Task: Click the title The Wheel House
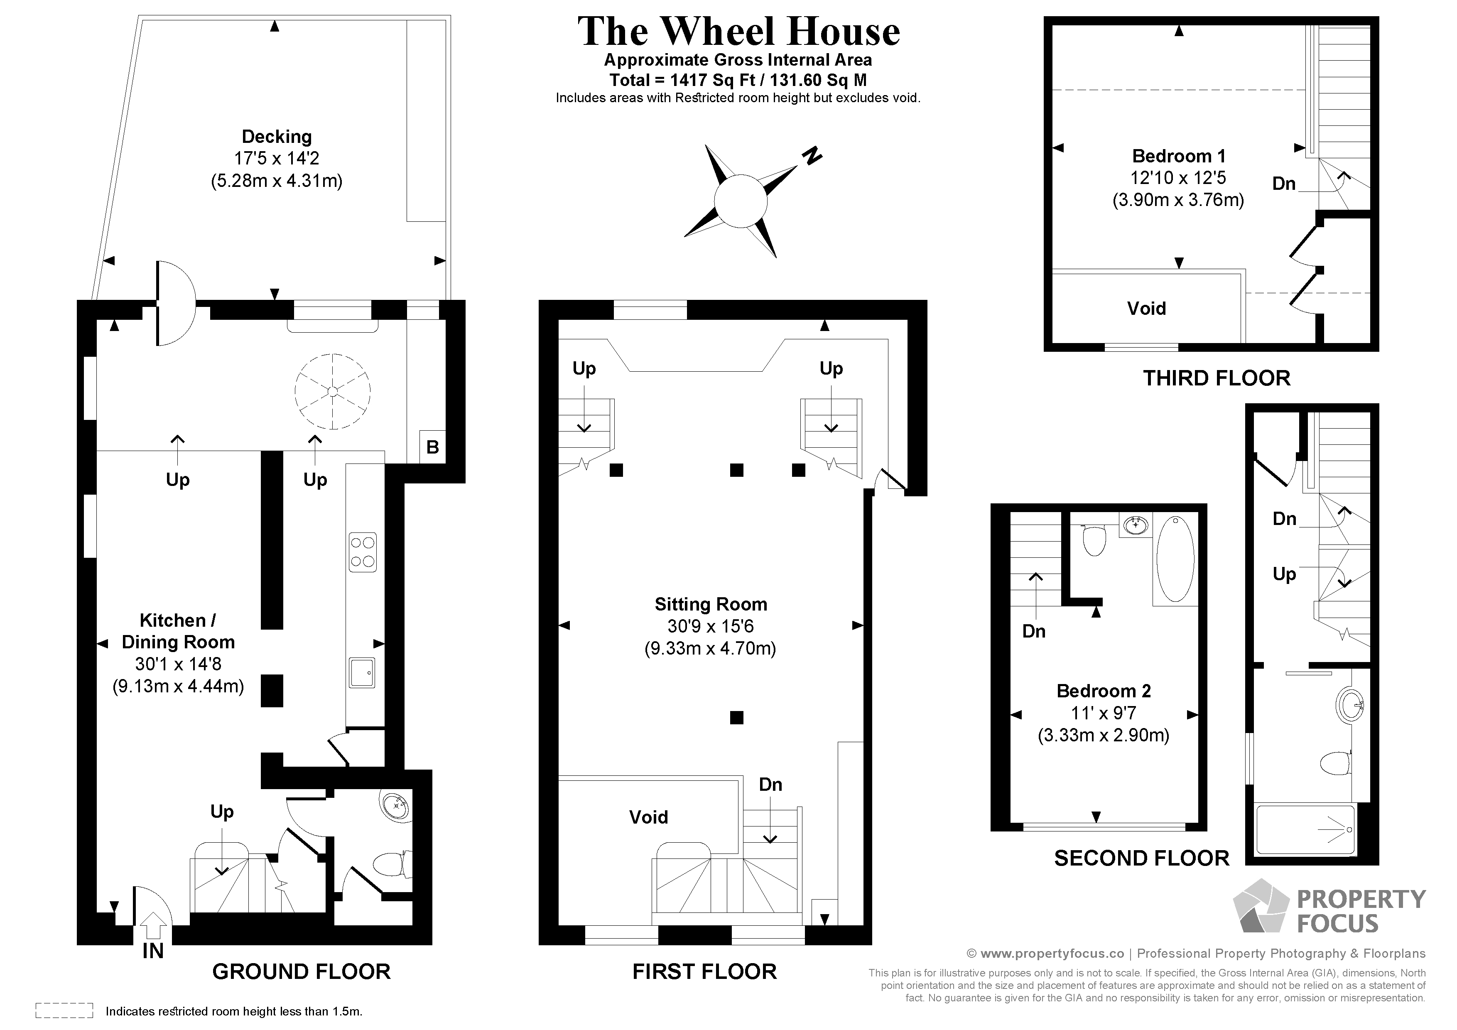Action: (x=738, y=32)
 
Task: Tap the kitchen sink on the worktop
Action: (x=362, y=673)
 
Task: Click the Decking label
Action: (x=277, y=137)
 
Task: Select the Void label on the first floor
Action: (x=648, y=817)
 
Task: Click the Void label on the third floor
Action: (x=1146, y=309)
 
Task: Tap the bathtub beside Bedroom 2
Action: (x=1175, y=559)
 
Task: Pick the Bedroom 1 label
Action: (x=1178, y=156)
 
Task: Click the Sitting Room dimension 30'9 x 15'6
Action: (x=710, y=626)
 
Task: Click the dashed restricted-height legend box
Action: (x=64, y=1010)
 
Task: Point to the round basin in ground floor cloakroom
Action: (x=397, y=807)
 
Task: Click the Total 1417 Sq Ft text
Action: (x=738, y=80)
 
